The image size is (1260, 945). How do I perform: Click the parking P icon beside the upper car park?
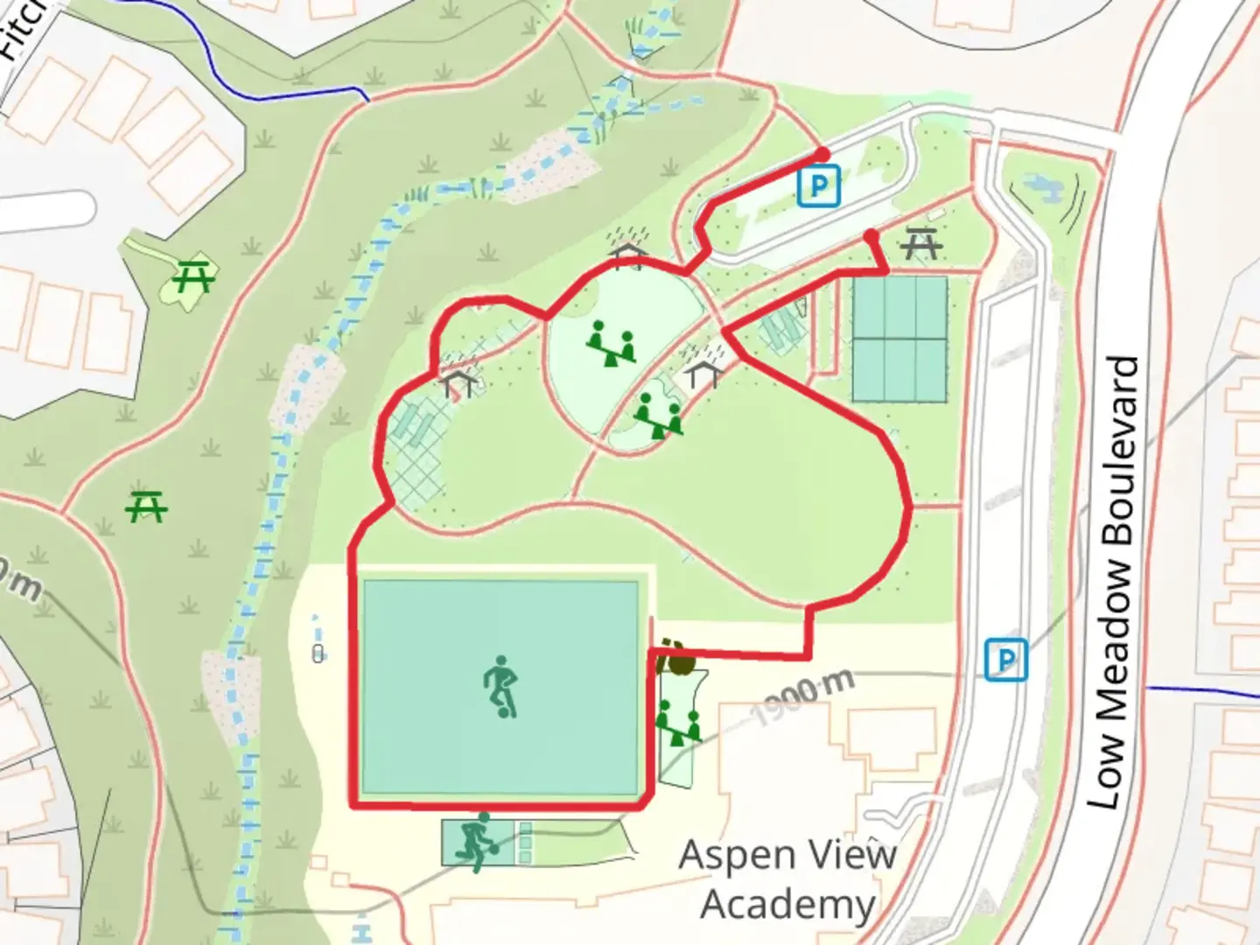pyautogui.click(x=818, y=186)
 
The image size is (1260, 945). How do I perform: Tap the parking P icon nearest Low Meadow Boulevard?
pyautogui.click(x=1005, y=659)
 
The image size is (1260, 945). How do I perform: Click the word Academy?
pyautogui.click(x=787, y=906)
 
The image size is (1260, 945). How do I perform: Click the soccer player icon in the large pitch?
pyautogui.click(x=500, y=686)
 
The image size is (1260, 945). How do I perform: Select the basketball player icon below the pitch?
pyautogui.click(x=477, y=843)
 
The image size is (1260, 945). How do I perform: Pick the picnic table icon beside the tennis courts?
pyautogui.click(x=920, y=243)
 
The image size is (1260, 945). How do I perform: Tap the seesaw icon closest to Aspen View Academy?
pyautogui.click(x=679, y=726)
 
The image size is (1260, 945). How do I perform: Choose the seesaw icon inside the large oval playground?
pyautogui.click(x=611, y=343)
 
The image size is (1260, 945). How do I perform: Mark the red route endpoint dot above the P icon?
pyautogui.click(x=822, y=155)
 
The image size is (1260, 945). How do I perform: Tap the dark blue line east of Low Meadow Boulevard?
pyautogui.click(x=1203, y=692)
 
